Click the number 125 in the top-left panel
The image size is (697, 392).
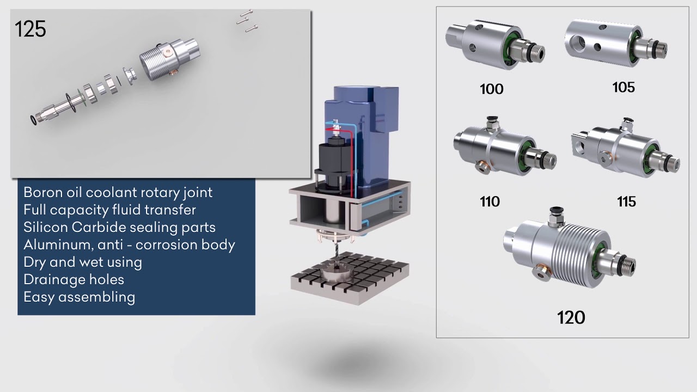(30, 29)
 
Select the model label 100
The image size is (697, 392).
(491, 89)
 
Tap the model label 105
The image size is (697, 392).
(623, 87)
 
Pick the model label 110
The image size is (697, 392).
(490, 201)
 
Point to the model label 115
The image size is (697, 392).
(626, 201)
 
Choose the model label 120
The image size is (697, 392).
(571, 317)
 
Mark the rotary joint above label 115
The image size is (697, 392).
(623, 150)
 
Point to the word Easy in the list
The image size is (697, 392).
(39, 297)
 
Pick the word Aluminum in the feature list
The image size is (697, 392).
(53, 244)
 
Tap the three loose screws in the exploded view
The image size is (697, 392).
(247, 21)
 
